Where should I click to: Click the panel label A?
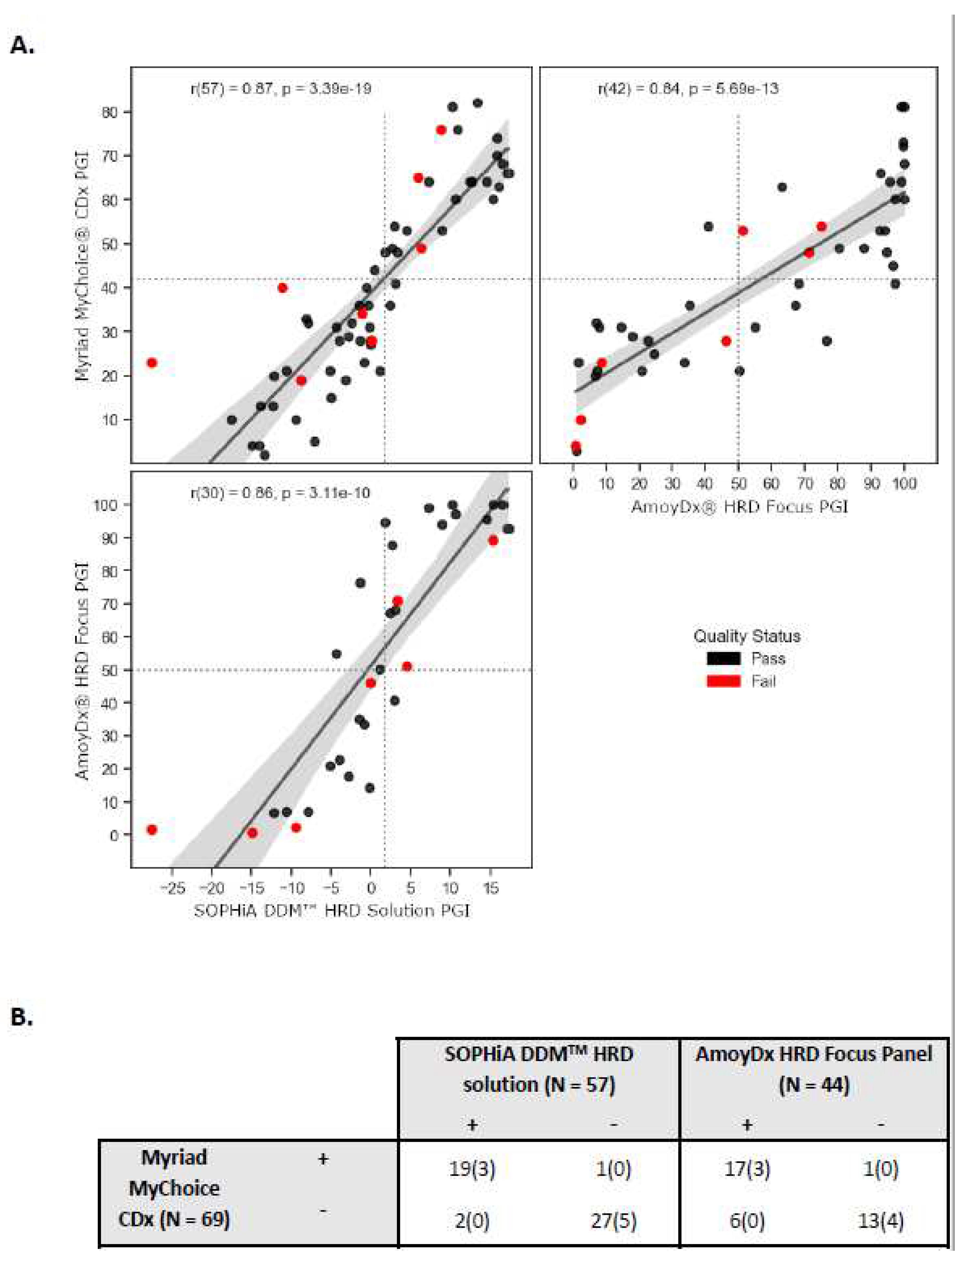click(22, 45)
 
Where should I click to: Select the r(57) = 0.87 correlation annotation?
click(280, 89)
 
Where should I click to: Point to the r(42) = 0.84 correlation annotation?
click(688, 89)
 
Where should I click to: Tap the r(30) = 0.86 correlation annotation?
click(280, 493)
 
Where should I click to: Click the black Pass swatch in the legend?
click(723, 659)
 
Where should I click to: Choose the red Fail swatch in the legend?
click(723, 681)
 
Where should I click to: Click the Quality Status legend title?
click(747, 636)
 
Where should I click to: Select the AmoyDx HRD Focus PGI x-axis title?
click(739, 507)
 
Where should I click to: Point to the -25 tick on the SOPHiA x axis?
click(172, 888)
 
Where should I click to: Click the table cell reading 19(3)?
click(472, 1169)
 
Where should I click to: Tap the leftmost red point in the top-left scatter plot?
click(152, 363)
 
